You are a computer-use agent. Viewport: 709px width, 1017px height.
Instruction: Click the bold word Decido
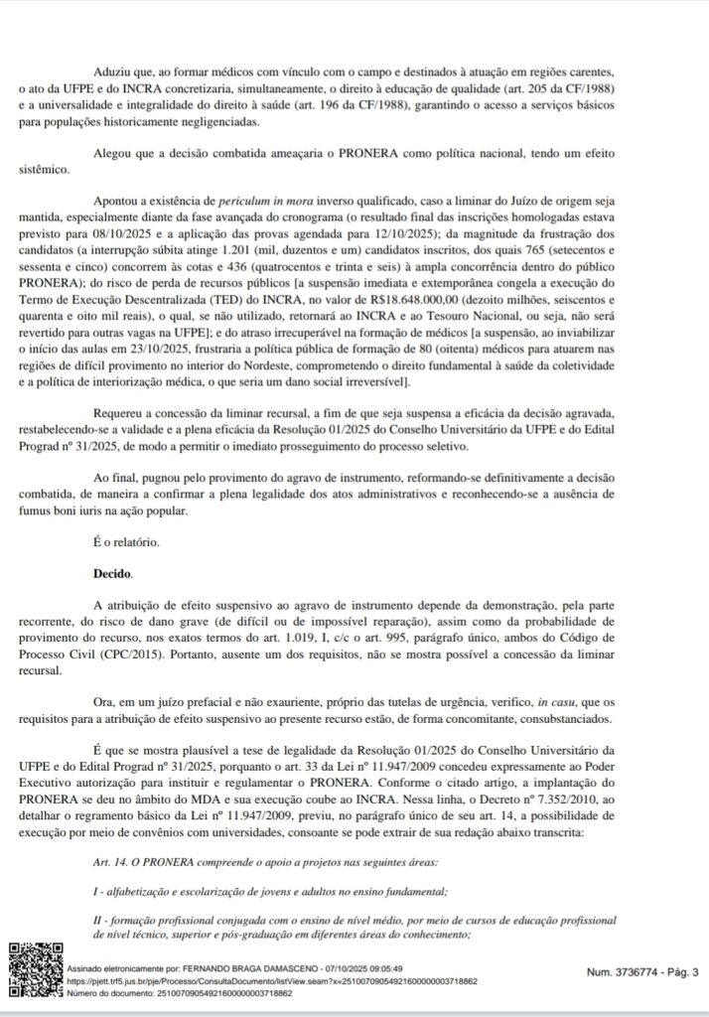tap(112, 574)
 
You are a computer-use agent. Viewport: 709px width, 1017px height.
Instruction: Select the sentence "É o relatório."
tap(125, 543)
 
